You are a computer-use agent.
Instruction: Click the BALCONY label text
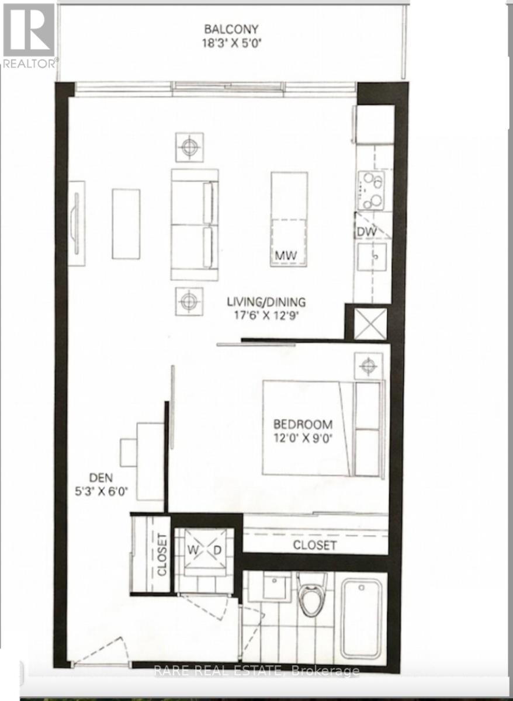[231, 29]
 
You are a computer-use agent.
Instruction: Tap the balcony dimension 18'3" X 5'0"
[231, 42]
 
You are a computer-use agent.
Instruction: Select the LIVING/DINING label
[266, 302]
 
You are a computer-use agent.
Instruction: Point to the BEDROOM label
[303, 424]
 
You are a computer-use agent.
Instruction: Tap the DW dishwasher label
[366, 231]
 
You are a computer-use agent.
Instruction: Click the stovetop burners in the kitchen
[371, 190]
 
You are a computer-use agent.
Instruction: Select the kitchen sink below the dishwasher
[372, 256]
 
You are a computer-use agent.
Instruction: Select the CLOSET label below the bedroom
[315, 545]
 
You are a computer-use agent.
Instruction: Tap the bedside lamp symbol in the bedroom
[368, 366]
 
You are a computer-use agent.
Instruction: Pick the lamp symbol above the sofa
[189, 147]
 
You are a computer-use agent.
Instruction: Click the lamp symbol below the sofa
[189, 301]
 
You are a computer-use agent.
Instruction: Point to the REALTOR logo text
[29, 63]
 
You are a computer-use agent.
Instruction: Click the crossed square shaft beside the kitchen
[370, 324]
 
